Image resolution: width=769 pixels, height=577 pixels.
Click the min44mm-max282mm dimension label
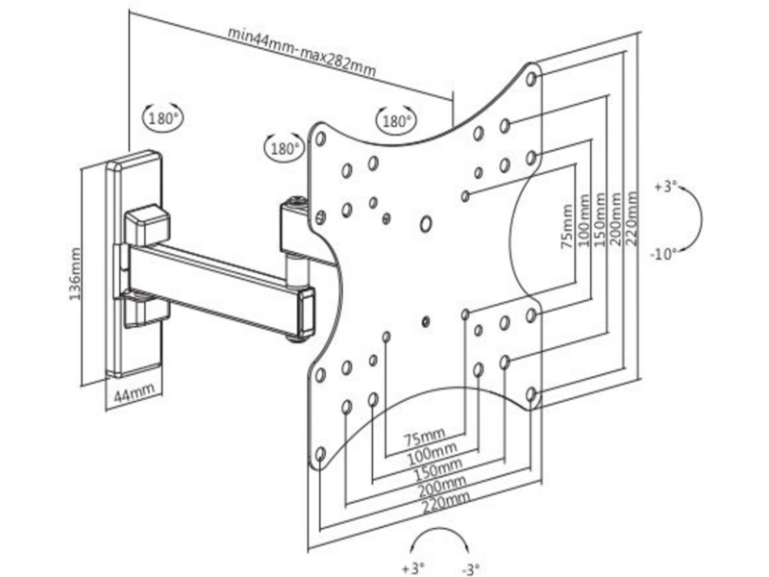pyautogui.click(x=302, y=52)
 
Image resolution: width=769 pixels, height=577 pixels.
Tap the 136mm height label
pyautogui.click(x=74, y=274)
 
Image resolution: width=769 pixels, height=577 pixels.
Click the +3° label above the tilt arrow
pyautogui.click(x=665, y=187)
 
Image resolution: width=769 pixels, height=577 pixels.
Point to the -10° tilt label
pyautogui.click(x=663, y=254)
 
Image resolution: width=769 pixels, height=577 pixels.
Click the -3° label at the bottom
pyautogui.click(x=470, y=569)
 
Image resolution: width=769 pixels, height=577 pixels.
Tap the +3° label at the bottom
pyautogui.click(x=413, y=568)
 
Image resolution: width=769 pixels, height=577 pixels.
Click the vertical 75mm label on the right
pyautogui.click(x=567, y=226)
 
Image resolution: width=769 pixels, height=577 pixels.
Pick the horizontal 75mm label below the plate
pyautogui.click(x=425, y=438)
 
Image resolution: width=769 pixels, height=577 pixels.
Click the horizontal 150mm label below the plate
pyautogui.click(x=437, y=469)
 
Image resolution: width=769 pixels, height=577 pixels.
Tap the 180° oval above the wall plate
pyautogui.click(x=162, y=118)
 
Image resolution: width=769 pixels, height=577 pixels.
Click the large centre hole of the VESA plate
pyautogui.click(x=426, y=224)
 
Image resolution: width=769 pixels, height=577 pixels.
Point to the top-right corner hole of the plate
pyautogui.click(x=532, y=79)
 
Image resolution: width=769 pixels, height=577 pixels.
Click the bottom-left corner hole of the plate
pyautogui.click(x=321, y=453)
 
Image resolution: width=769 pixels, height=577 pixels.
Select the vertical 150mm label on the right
pyautogui.click(x=599, y=219)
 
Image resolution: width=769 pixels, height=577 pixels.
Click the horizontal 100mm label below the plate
pyautogui.click(x=432, y=454)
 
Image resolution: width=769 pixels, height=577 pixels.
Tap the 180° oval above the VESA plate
pyautogui.click(x=395, y=119)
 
